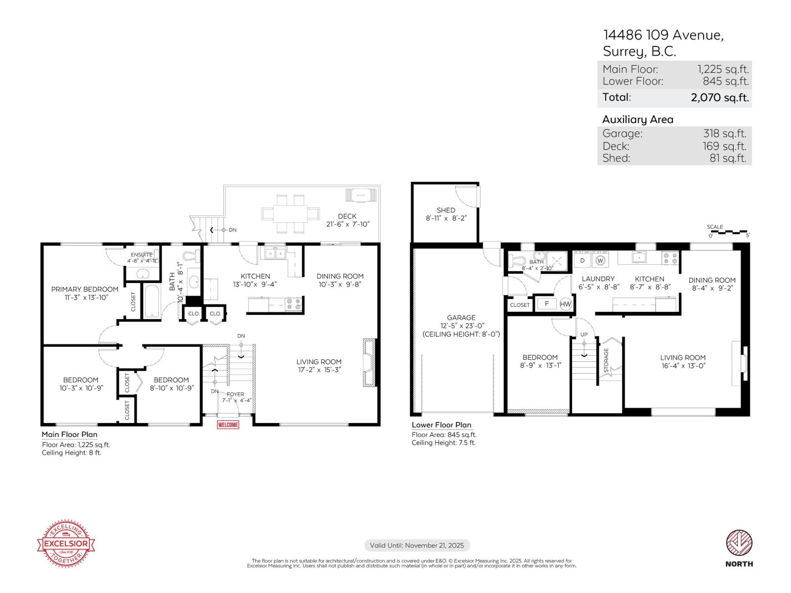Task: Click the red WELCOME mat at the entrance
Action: pos(228,424)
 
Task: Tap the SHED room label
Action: pos(446,210)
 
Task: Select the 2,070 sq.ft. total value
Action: pos(719,97)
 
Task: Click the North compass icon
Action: pos(739,544)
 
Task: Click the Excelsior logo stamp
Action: pos(66,544)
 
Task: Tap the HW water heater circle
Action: pos(566,304)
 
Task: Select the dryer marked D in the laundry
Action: pos(582,260)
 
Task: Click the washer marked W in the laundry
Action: pos(601,260)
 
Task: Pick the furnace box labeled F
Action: pos(547,304)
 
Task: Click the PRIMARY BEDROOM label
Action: pos(85,289)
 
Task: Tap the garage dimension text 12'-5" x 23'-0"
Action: pos(461,326)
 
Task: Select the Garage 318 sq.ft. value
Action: pos(724,133)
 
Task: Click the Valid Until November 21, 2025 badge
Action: pos(417,546)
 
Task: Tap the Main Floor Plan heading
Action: pos(69,434)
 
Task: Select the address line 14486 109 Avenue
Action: pos(663,35)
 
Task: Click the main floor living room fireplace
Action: pos(369,362)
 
